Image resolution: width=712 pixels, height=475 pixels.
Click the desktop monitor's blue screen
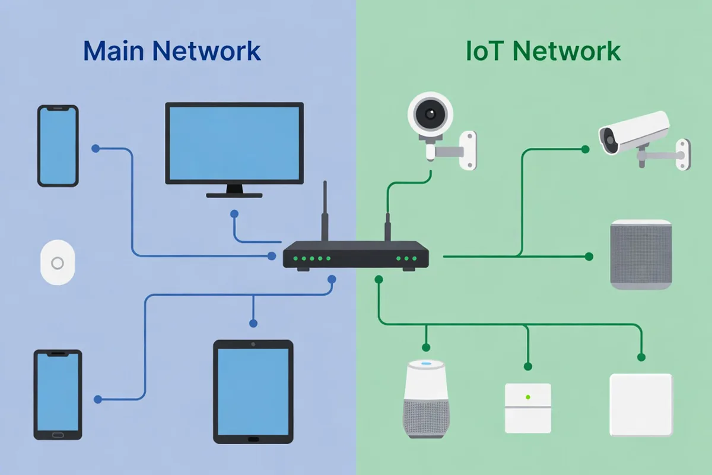[234, 142]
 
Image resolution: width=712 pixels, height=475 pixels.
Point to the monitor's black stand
[234, 191]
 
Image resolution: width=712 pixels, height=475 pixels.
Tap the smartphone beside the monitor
[58, 145]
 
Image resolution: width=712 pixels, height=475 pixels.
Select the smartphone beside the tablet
[58, 394]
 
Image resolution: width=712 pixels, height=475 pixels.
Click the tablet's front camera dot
[253, 344]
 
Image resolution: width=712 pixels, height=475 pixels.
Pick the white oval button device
[58, 262]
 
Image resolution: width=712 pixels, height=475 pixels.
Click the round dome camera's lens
[430, 113]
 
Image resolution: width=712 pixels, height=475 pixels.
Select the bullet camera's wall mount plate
[684, 154]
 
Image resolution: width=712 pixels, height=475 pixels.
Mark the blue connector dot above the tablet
[253, 324]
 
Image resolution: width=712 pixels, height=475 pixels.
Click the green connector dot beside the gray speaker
[589, 256]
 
